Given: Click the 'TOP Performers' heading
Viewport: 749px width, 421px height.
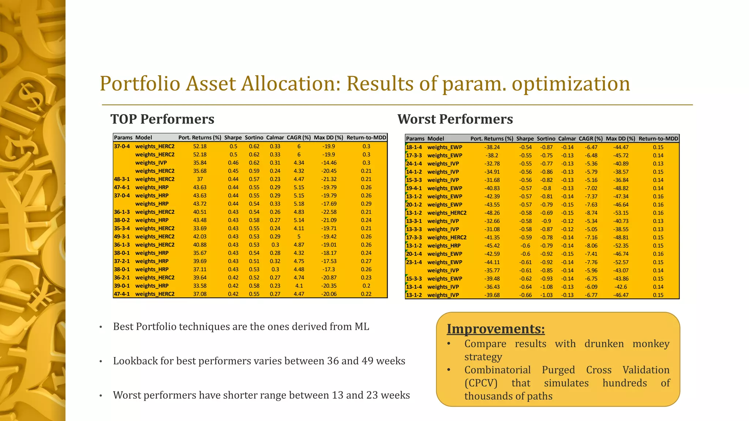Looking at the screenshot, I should pos(162,119).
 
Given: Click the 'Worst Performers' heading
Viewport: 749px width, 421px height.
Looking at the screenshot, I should pos(455,119).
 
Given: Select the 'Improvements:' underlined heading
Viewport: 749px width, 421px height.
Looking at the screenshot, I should pos(496,329).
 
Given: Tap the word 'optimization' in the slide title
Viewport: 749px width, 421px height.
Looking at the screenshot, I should pos(571,83).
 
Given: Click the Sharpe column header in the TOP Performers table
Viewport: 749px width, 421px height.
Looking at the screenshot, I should pos(233,138).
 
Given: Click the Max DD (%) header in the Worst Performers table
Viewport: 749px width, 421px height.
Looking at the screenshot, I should pos(620,139).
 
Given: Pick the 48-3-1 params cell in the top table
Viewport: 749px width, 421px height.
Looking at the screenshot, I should pos(122,179).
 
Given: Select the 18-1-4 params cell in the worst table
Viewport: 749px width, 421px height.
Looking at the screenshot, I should pos(414,147).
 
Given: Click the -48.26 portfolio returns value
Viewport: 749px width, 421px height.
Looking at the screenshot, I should pos(492,213).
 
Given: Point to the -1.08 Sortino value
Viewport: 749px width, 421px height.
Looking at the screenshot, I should pos(547,287).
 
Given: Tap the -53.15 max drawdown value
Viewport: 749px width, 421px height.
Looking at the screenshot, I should pos(621,213).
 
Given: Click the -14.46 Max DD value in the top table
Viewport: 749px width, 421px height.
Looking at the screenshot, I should pos(329,163).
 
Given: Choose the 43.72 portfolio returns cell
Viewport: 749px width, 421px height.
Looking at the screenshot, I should pos(200,204).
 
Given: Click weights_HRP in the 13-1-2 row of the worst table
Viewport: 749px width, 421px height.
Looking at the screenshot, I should pos(444,246).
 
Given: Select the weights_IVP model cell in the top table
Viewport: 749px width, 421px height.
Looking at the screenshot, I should pos(151,163).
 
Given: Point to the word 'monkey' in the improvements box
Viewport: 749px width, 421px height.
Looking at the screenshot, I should pos(651,344).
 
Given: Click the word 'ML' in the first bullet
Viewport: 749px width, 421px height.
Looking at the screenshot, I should pos(362,326).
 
